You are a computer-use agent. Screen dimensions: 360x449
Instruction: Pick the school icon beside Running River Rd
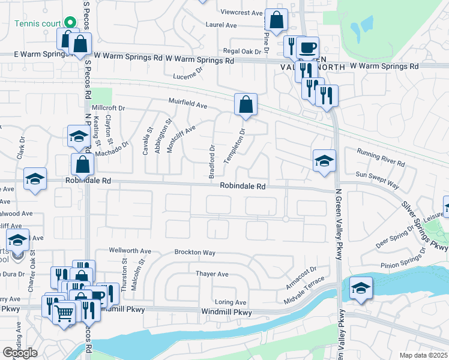click(324, 161)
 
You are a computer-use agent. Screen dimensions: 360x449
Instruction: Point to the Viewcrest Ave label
click(242, 13)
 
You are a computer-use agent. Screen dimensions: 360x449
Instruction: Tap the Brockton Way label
click(194, 253)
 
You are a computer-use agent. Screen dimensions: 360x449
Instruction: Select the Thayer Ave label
click(212, 274)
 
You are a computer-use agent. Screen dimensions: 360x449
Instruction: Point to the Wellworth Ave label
click(130, 250)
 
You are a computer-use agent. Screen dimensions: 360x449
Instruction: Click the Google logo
click(20, 352)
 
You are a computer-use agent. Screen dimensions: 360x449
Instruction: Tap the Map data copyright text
click(423, 355)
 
